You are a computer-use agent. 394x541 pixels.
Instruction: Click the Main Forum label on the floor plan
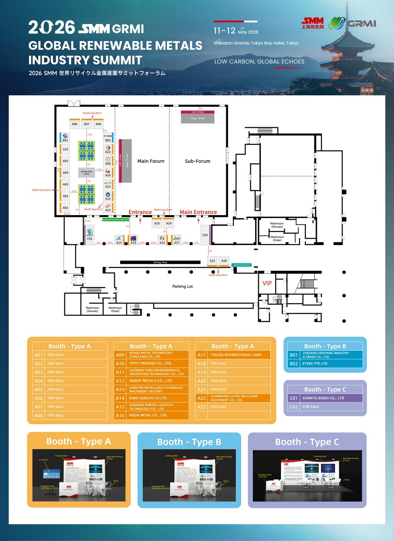151,161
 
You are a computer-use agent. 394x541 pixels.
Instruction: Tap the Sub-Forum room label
197,161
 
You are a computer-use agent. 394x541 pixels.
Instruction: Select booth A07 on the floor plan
87,124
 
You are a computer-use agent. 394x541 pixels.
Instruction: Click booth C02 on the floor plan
205,235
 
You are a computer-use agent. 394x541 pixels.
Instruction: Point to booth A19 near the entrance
169,223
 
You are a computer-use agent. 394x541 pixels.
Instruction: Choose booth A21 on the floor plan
212,261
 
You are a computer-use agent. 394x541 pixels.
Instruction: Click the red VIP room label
267,283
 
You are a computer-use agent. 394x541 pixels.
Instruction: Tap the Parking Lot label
182,286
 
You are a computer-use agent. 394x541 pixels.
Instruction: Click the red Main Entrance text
198,212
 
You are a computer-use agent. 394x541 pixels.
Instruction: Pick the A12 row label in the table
120,381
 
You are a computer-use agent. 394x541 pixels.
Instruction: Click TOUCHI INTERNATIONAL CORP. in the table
236,355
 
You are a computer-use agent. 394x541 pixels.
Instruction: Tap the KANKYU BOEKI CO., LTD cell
323,398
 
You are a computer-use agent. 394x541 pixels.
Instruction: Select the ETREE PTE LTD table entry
315,363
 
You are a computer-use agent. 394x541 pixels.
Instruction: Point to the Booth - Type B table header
325,346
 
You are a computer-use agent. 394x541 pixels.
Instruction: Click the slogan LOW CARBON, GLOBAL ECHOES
259,61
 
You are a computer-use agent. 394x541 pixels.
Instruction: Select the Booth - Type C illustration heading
307,442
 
